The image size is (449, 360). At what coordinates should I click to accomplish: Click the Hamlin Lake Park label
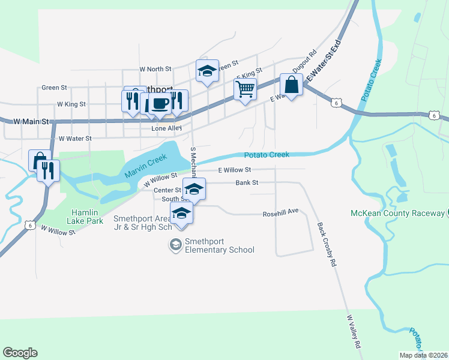click(x=85, y=217)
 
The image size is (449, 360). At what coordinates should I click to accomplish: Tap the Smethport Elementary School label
click(x=219, y=246)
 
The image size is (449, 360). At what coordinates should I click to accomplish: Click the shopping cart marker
click(x=245, y=89)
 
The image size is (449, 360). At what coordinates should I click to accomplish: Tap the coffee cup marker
click(x=160, y=103)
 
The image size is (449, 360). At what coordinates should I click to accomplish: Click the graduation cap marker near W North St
click(x=206, y=71)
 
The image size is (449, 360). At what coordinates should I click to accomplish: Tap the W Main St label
click(x=32, y=121)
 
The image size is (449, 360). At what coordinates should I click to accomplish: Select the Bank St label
click(x=247, y=182)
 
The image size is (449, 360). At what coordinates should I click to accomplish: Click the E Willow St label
click(x=234, y=170)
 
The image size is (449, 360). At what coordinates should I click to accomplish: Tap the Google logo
click(x=20, y=353)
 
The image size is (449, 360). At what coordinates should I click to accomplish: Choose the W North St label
click(x=155, y=70)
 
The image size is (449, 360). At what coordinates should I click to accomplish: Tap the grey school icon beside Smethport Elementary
click(x=175, y=244)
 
